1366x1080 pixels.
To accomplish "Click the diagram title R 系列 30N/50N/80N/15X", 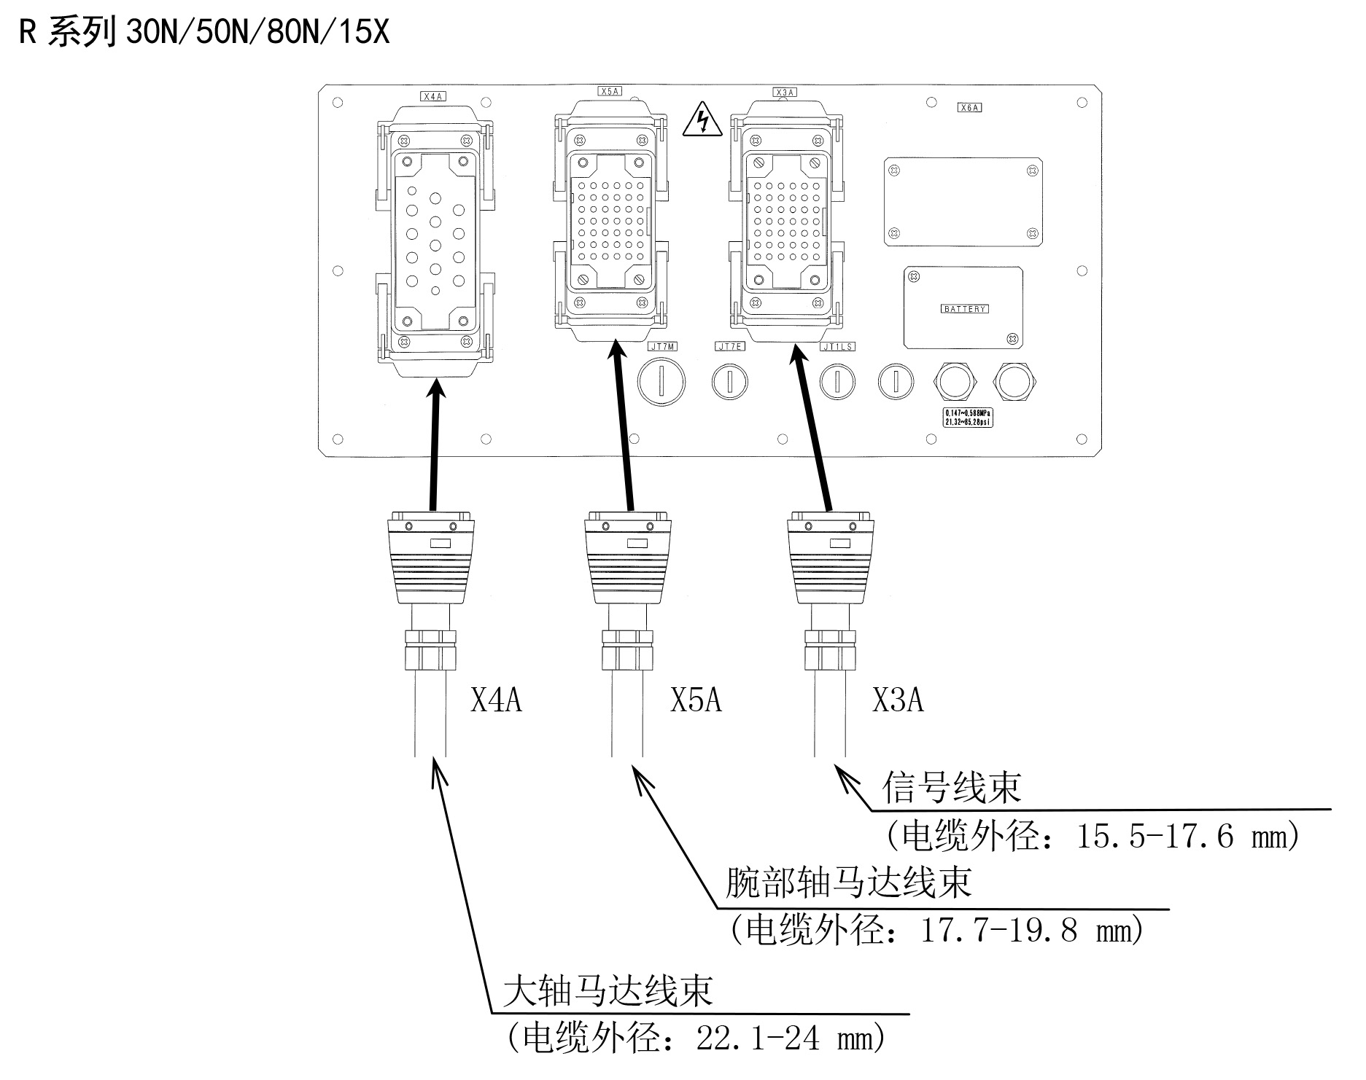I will coord(204,33).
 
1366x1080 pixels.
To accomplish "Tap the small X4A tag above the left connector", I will coord(433,95).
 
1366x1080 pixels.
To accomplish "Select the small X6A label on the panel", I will coord(969,107).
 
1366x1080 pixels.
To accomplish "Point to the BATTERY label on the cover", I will coord(964,309).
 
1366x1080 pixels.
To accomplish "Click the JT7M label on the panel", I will coord(662,346).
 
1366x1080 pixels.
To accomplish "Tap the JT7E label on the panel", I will coord(729,346).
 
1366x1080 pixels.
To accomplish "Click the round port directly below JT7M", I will coord(662,382).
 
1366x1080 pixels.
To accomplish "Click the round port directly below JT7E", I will coord(729,381).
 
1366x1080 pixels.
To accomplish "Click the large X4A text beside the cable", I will coord(496,700).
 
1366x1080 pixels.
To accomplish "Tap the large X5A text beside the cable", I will coord(696,700).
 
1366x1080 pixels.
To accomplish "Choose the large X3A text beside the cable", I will coord(898,700).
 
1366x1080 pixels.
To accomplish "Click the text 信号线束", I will coord(952,788).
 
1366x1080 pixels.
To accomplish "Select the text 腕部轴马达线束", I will coord(849,883).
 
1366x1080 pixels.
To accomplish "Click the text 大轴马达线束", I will coord(608,992).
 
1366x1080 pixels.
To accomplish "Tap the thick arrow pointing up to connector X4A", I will coord(435,445).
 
